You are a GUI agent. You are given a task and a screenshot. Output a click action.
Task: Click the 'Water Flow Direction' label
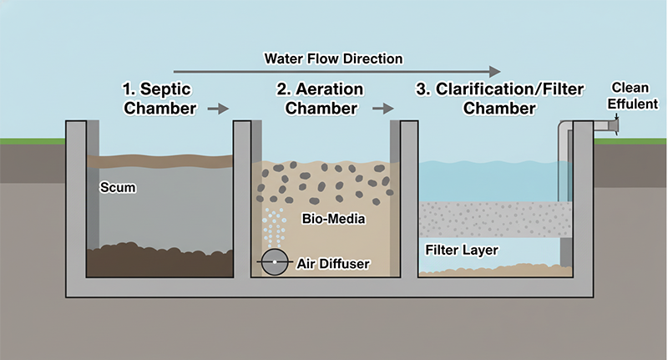coord(333,58)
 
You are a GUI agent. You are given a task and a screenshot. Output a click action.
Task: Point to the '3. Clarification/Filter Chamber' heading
coord(499,99)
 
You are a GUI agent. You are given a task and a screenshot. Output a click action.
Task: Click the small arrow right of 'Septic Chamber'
coord(217,109)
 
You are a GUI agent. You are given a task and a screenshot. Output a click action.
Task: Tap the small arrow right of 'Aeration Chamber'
coord(383,109)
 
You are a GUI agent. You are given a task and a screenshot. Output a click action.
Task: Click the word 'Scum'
coord(117,188)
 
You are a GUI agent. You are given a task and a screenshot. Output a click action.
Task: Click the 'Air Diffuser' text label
coord(333,264)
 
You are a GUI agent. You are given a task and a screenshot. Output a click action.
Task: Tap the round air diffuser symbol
coord(273,263)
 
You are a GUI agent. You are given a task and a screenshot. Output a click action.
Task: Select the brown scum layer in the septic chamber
coord(159,160)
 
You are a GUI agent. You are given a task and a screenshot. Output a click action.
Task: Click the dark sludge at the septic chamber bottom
coord(159,261)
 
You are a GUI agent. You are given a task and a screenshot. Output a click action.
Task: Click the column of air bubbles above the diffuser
coord(273,226)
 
